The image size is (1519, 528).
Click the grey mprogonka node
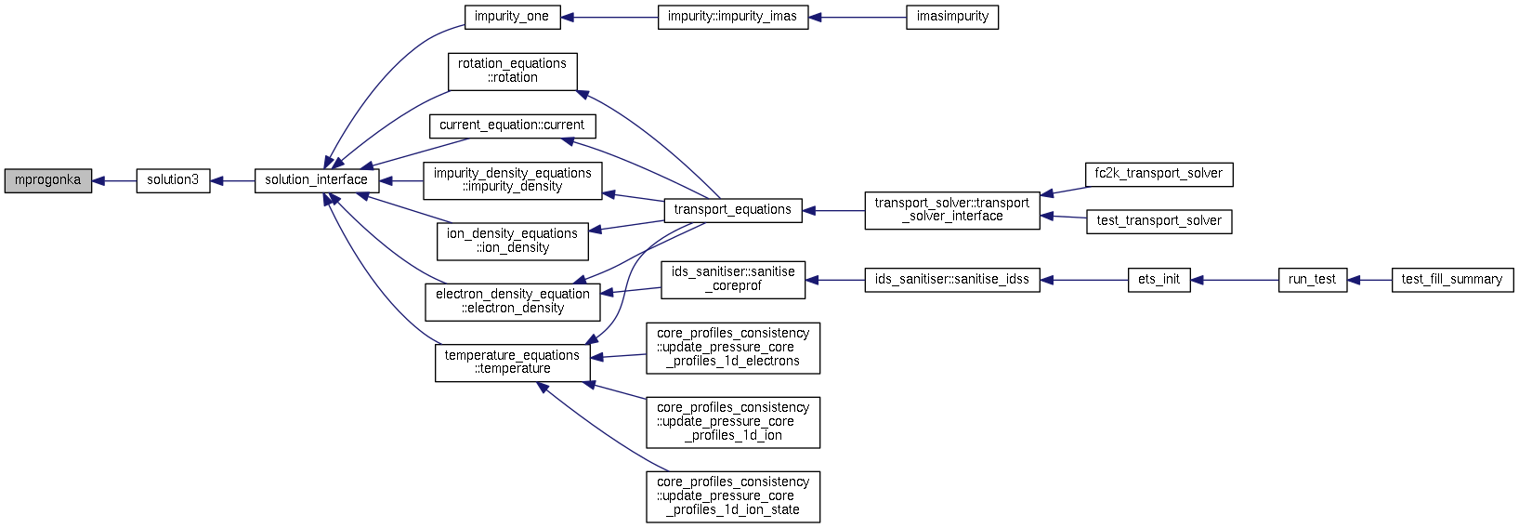point(48,181)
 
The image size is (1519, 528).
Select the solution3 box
point(173,181)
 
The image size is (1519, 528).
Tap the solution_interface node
point(317,181)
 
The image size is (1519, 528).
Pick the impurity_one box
point(512,17)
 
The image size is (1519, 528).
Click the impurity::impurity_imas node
point(733,17)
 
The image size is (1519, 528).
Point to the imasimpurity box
point(952,17)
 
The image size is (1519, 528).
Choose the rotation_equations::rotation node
point(513,72)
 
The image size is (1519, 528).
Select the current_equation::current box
point(513,126)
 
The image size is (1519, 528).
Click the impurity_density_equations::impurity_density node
point(513,181)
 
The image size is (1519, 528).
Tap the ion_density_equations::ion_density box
point(513,242)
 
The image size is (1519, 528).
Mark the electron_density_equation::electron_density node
point(513,302)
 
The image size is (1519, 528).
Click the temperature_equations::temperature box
point(513,363)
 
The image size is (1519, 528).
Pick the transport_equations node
point(733,211)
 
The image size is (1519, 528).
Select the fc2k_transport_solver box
point(1159,175)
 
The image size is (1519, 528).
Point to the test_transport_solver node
point(1159,222)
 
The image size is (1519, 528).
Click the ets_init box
point(1159,281)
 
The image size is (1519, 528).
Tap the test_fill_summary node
point(1452,281)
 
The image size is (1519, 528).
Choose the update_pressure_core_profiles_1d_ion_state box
point(733,496)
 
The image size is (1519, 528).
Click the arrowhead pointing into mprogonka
point(98,181)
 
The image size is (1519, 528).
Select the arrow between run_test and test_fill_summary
point(1369,281)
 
